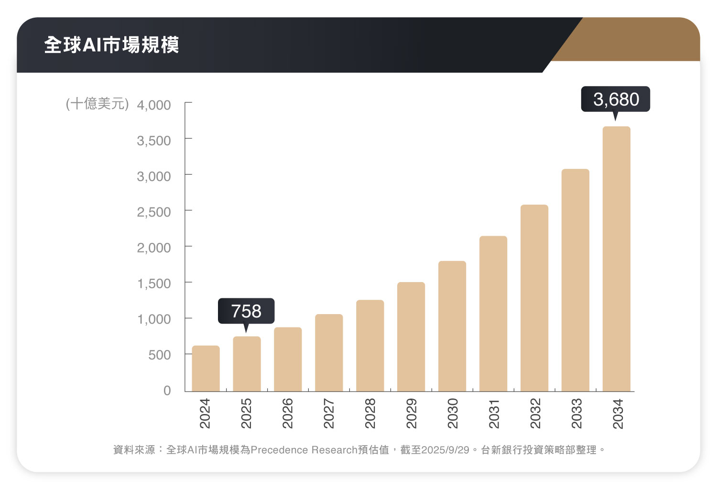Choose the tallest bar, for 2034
pos(617,259)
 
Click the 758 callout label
pos(246,311)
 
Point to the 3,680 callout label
pos(616,99)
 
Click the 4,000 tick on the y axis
pos(154,105)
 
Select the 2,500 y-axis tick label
pos(154,212)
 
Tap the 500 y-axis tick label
pos(160,355)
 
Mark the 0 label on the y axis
pos(167,391)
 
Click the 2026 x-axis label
pos(287,414)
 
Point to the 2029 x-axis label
pos(411,414)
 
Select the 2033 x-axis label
pos(576,414)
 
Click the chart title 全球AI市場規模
pos(111,45)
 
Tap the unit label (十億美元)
pos(98,104)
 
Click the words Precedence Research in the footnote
pos(304,450)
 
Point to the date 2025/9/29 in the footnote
pos(445,450)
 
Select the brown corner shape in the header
pos(636,41)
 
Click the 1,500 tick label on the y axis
pos(154,284)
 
